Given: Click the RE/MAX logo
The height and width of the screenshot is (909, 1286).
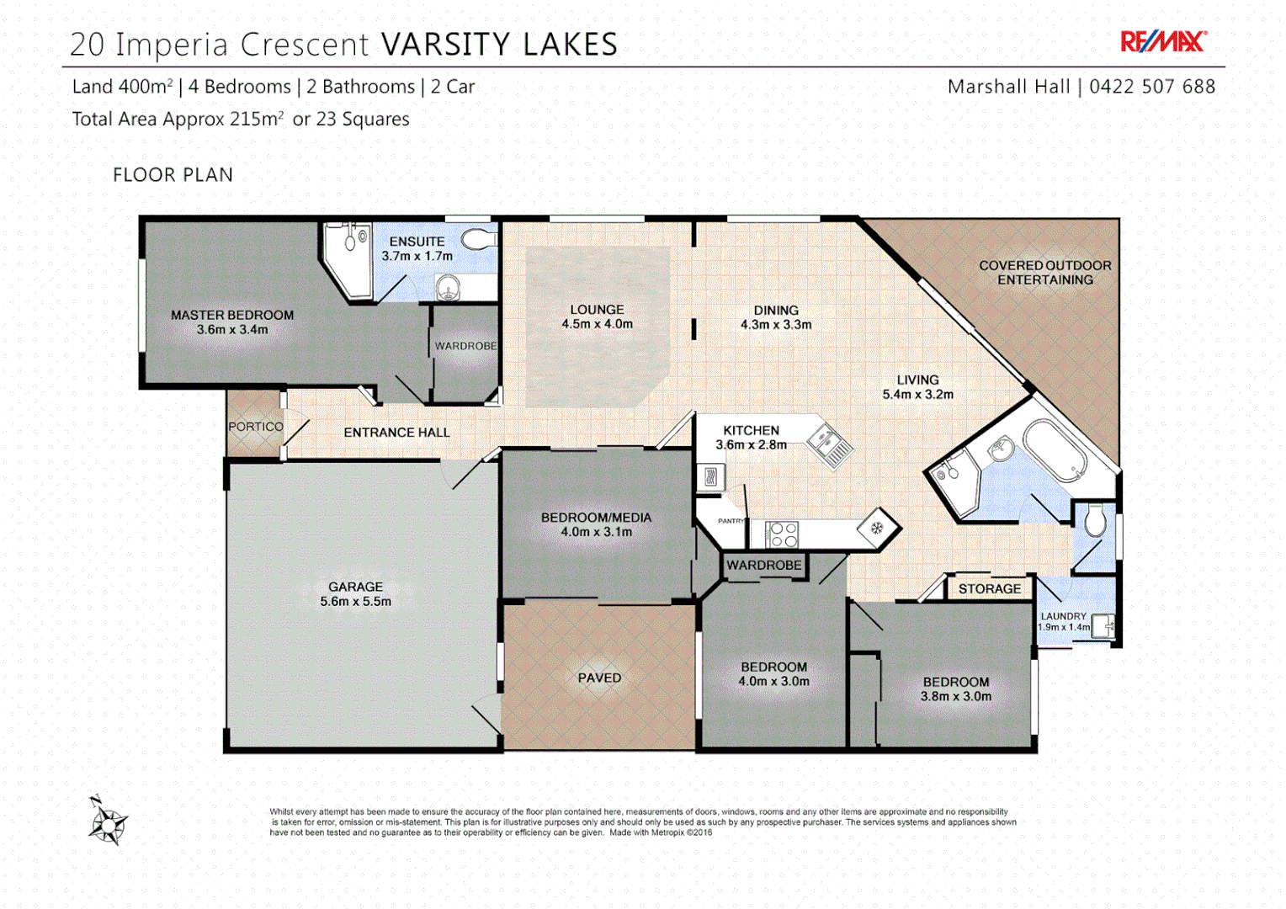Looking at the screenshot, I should [1163, 41].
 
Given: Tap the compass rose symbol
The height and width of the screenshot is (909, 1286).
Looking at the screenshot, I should [107, 821].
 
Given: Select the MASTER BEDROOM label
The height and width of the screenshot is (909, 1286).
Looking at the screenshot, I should [232, 315].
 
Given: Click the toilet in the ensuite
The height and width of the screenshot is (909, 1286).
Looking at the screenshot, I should [479, 239].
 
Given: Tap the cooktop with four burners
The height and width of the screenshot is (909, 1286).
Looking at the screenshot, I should [783, 534].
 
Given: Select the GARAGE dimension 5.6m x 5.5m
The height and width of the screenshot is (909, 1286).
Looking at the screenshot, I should [355, 602].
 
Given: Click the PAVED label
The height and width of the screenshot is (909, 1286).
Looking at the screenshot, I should [599, 678].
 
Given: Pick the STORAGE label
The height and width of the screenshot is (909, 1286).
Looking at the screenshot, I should [989, 589].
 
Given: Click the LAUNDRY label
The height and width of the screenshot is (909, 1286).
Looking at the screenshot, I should [1063, 616].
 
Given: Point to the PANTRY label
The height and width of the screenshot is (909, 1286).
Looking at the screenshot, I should [731, 521].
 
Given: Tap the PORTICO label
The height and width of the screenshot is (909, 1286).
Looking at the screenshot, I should [256, 427].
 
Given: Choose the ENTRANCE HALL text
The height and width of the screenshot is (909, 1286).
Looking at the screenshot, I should [396, 433].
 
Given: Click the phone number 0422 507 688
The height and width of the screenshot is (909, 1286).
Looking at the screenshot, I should [1151, 87].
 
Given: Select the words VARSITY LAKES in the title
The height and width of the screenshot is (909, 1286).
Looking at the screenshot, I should [499, 45].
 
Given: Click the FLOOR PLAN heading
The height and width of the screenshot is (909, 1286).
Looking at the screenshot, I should [173, 175].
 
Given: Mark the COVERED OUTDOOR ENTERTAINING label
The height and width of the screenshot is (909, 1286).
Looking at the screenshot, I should [1044, 272].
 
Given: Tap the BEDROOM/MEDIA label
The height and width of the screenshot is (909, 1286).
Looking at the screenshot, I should [596, 518].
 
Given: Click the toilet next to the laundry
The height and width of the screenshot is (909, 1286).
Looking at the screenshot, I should [1094, 521].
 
